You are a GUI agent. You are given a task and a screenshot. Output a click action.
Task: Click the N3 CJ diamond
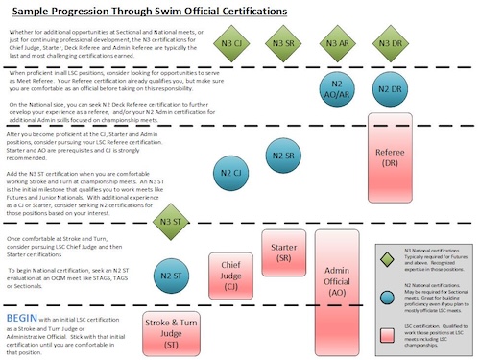[231, 43]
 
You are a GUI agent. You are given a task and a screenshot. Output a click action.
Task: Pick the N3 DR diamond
[389, 44]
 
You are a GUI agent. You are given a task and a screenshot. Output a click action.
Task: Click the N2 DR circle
[389, 89]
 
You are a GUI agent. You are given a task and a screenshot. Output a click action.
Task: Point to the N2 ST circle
[171, 275]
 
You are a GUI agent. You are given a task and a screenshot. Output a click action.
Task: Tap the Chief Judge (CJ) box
[230, 272]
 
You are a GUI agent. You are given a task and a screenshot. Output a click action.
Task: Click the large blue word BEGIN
[23, 316]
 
